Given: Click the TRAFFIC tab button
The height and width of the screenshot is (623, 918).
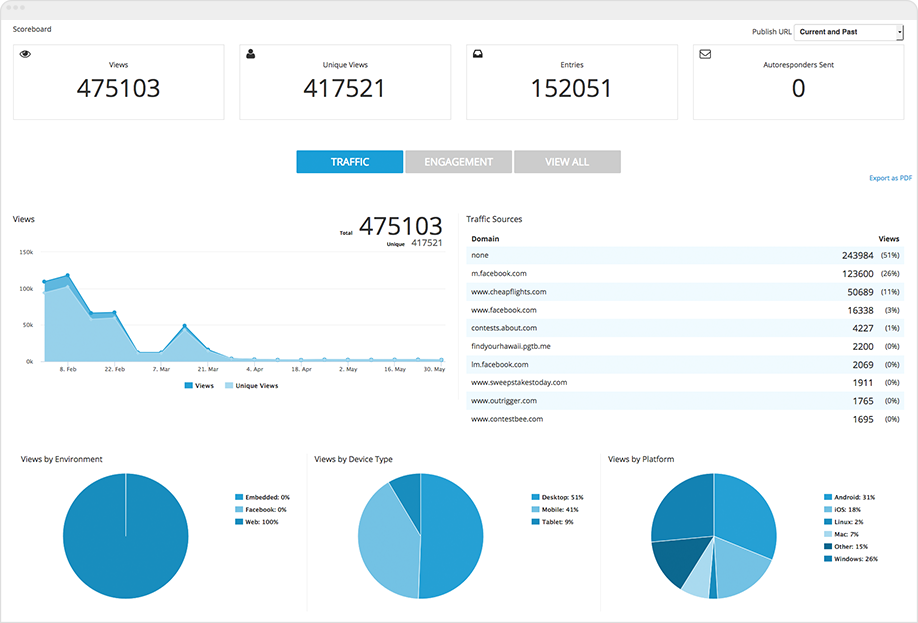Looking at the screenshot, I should tap(349, 162).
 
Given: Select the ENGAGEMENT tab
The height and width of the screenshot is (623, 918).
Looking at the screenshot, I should tap(458, 162).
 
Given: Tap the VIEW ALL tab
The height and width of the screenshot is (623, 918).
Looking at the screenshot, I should tap(567, 162).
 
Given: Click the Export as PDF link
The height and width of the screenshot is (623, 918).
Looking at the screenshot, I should tap(890, 178).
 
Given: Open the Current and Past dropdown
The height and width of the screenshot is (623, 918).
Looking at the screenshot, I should tap(849, 32).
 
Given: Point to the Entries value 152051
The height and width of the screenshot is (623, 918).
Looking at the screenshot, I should tap(571, 89).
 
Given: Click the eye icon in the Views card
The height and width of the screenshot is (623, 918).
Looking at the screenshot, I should tap(26, 54).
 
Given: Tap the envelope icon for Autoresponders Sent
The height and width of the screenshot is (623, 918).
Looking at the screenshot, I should tap(705, 54).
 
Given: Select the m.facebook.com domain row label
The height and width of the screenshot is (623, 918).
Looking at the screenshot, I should tap(499, 273).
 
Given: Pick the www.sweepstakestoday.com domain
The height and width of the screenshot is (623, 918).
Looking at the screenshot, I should tap(519, 382).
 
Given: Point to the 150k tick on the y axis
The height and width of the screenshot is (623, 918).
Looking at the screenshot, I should tap(26, 253).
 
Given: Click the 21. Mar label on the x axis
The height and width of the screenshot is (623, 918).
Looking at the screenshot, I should tap(207, 369).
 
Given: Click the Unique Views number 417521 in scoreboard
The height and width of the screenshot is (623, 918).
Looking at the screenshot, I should tap(344, 89).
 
